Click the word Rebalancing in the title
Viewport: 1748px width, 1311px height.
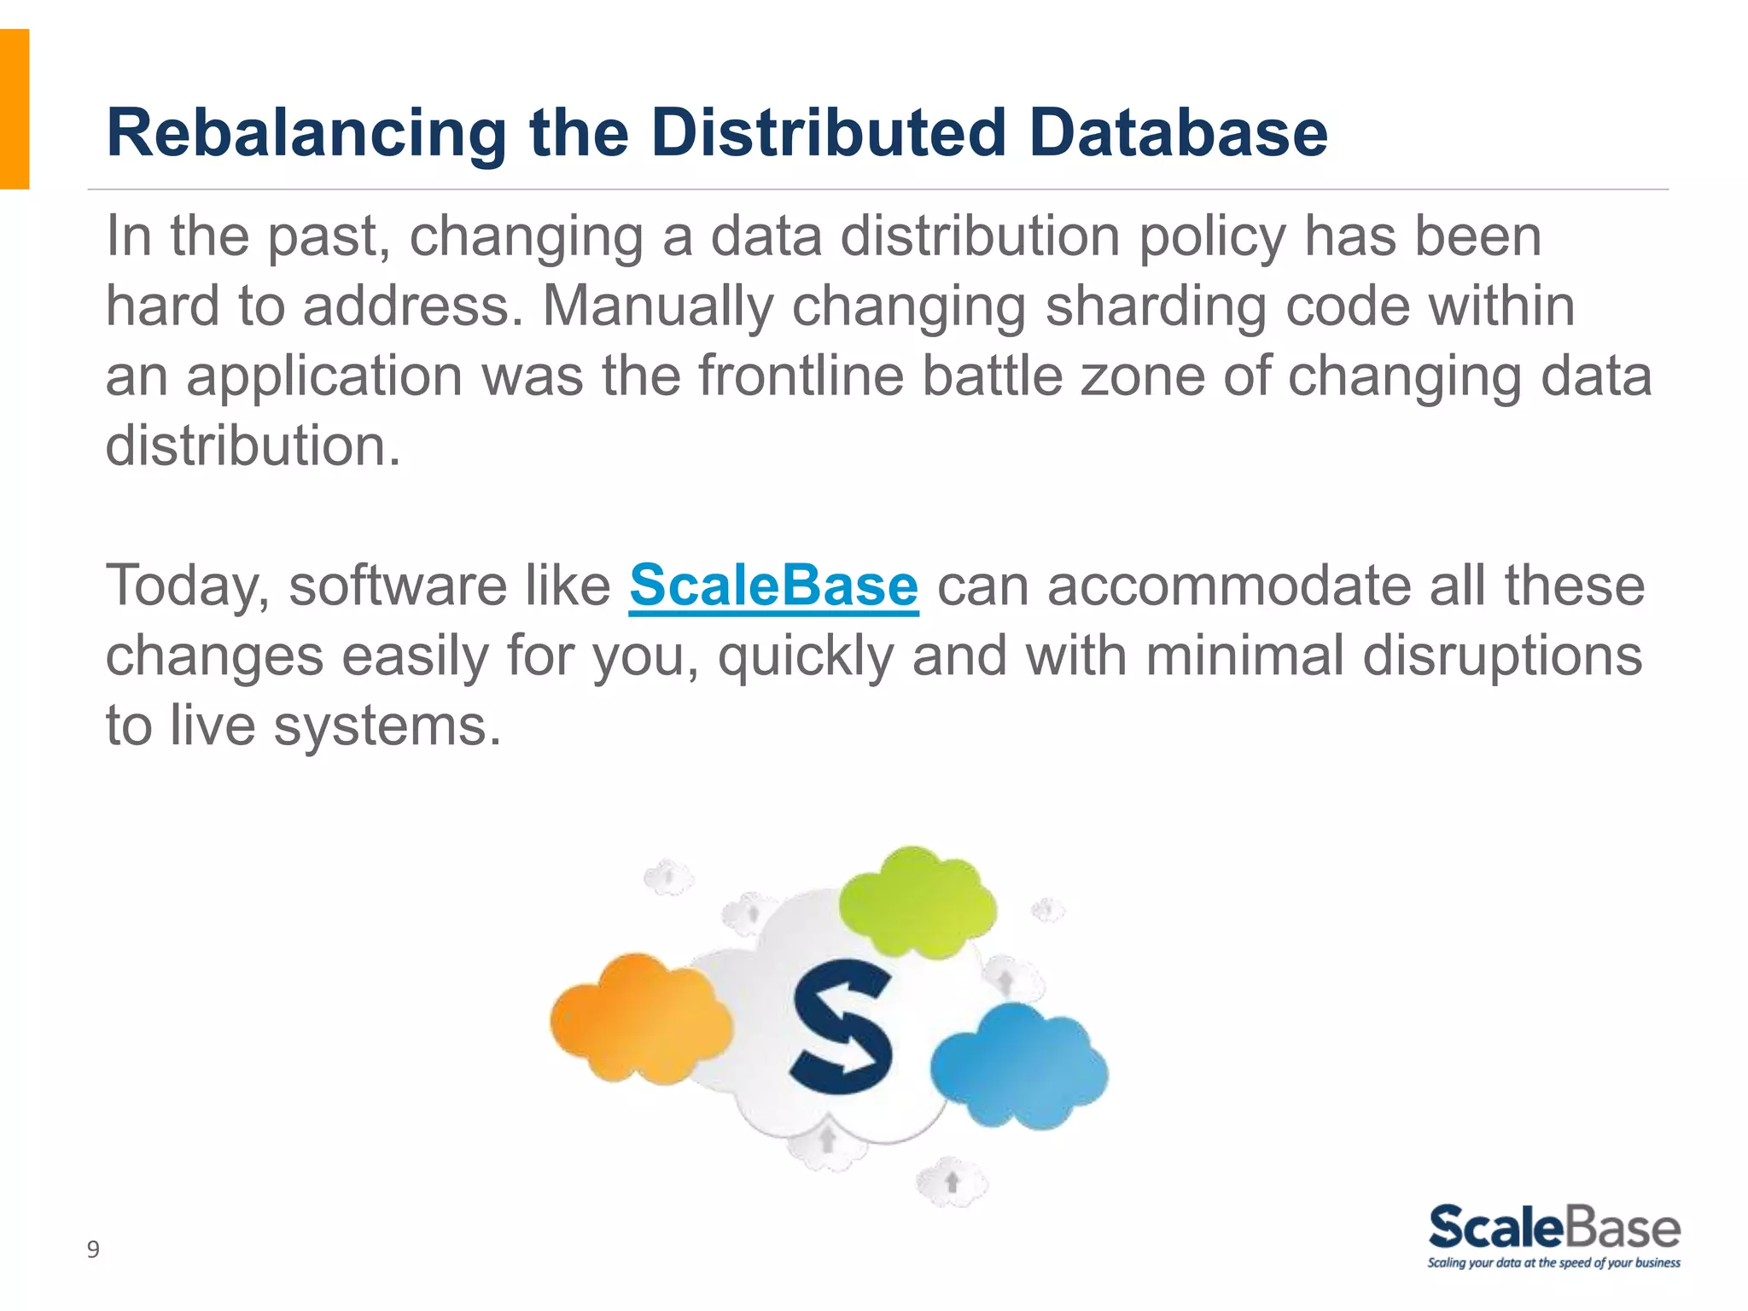click(306, 134)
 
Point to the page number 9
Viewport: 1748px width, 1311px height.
click(93, 1250)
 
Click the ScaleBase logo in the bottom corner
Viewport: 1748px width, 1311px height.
click(1554, 1227)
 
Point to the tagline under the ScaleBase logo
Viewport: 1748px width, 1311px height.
click(1553, 1263)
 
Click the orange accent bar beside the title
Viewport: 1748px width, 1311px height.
click(15, 108)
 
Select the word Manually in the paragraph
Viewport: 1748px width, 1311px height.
click(658, 306)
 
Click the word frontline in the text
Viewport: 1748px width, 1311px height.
click(801, 376)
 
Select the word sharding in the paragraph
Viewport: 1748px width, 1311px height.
click(1155, 306)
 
